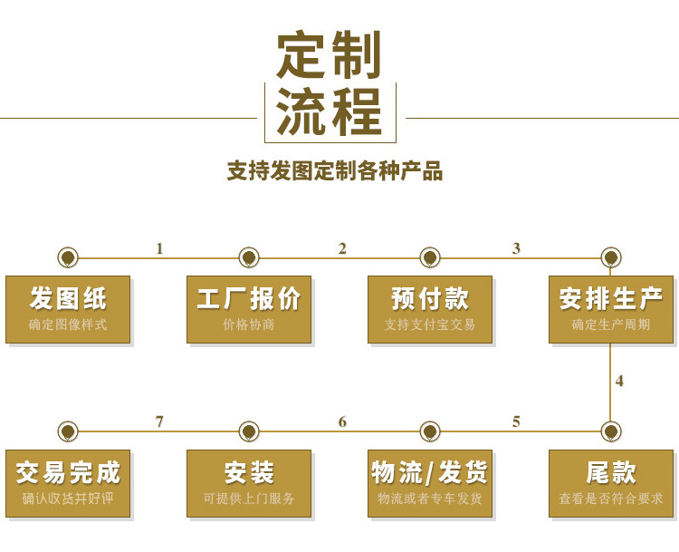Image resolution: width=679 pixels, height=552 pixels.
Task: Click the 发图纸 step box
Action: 68,309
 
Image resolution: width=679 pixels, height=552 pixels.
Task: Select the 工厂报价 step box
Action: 249,309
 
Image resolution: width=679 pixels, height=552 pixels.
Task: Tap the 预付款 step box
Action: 430,309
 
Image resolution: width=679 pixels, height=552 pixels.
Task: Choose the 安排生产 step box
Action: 611,309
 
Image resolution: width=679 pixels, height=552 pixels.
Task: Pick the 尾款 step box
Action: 611,483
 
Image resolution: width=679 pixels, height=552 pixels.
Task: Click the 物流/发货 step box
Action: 430,483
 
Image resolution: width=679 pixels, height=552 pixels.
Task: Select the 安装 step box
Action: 249,483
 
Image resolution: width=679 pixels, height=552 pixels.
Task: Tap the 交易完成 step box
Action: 68,483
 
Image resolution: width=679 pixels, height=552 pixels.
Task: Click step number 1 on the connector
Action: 159,248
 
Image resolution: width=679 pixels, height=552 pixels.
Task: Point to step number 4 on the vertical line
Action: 619,381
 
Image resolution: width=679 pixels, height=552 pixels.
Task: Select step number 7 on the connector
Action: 159,421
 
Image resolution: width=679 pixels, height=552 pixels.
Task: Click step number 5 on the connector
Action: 516,421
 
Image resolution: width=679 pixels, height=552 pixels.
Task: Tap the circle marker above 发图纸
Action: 68,257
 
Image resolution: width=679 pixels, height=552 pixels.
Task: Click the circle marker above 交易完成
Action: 68,431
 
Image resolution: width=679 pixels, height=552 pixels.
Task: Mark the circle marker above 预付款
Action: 430,257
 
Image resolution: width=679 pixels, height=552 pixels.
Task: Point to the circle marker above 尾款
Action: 611,431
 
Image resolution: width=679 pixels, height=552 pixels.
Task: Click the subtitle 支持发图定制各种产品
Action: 334,171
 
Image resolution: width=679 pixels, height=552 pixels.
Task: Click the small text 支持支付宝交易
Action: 430,324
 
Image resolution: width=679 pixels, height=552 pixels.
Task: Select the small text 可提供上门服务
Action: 249,499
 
